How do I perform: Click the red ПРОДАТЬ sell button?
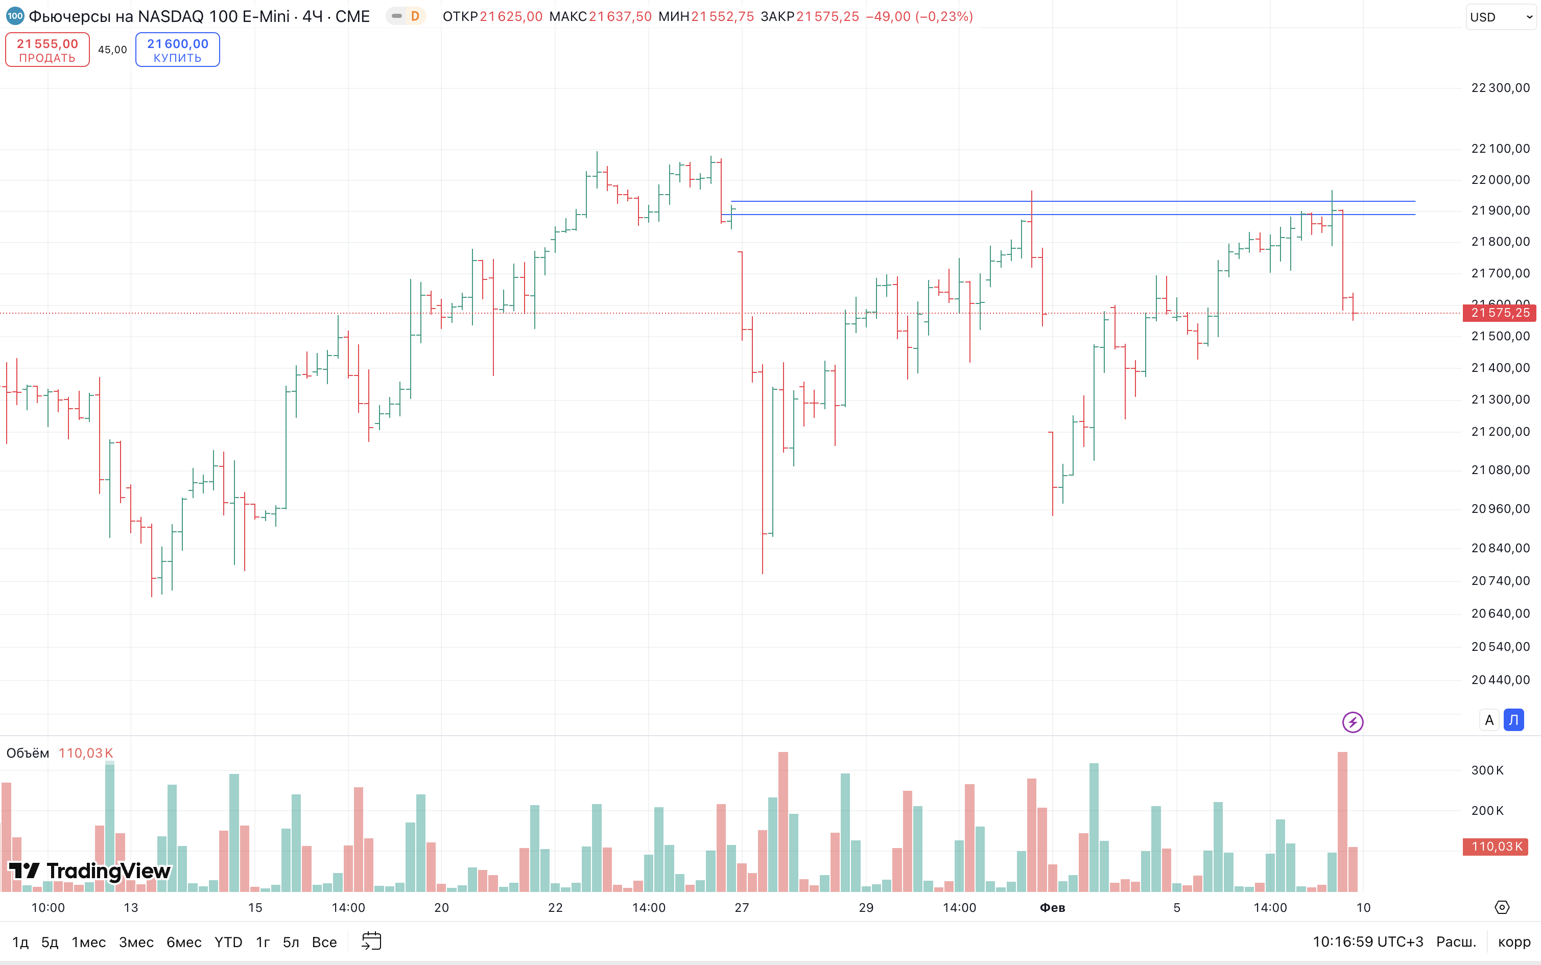tap(47, 50)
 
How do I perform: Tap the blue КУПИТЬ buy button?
tap(177, 50)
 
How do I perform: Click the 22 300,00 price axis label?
tap(1500, 88)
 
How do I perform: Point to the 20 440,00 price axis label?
tap(1500, 680)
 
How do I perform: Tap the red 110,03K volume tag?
tap(1495, 847)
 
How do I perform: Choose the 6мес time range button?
tap(184, 942)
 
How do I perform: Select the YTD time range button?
tap(228, 942)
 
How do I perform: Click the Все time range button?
tap(324, 942)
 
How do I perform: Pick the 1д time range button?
tap(20, 942)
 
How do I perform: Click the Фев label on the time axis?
tap(1052, 908)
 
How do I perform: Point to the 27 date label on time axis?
tap(742, 908)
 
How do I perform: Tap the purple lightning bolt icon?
tap(1353, 722)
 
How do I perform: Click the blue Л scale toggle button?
tap(1513, 720)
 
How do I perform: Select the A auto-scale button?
tap(1489, 720)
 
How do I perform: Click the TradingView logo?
tap(89, 871)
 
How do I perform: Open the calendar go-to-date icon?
tap(371, 942)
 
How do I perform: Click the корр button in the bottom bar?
tap(1514, 942)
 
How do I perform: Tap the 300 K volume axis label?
tap(1487, 770)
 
